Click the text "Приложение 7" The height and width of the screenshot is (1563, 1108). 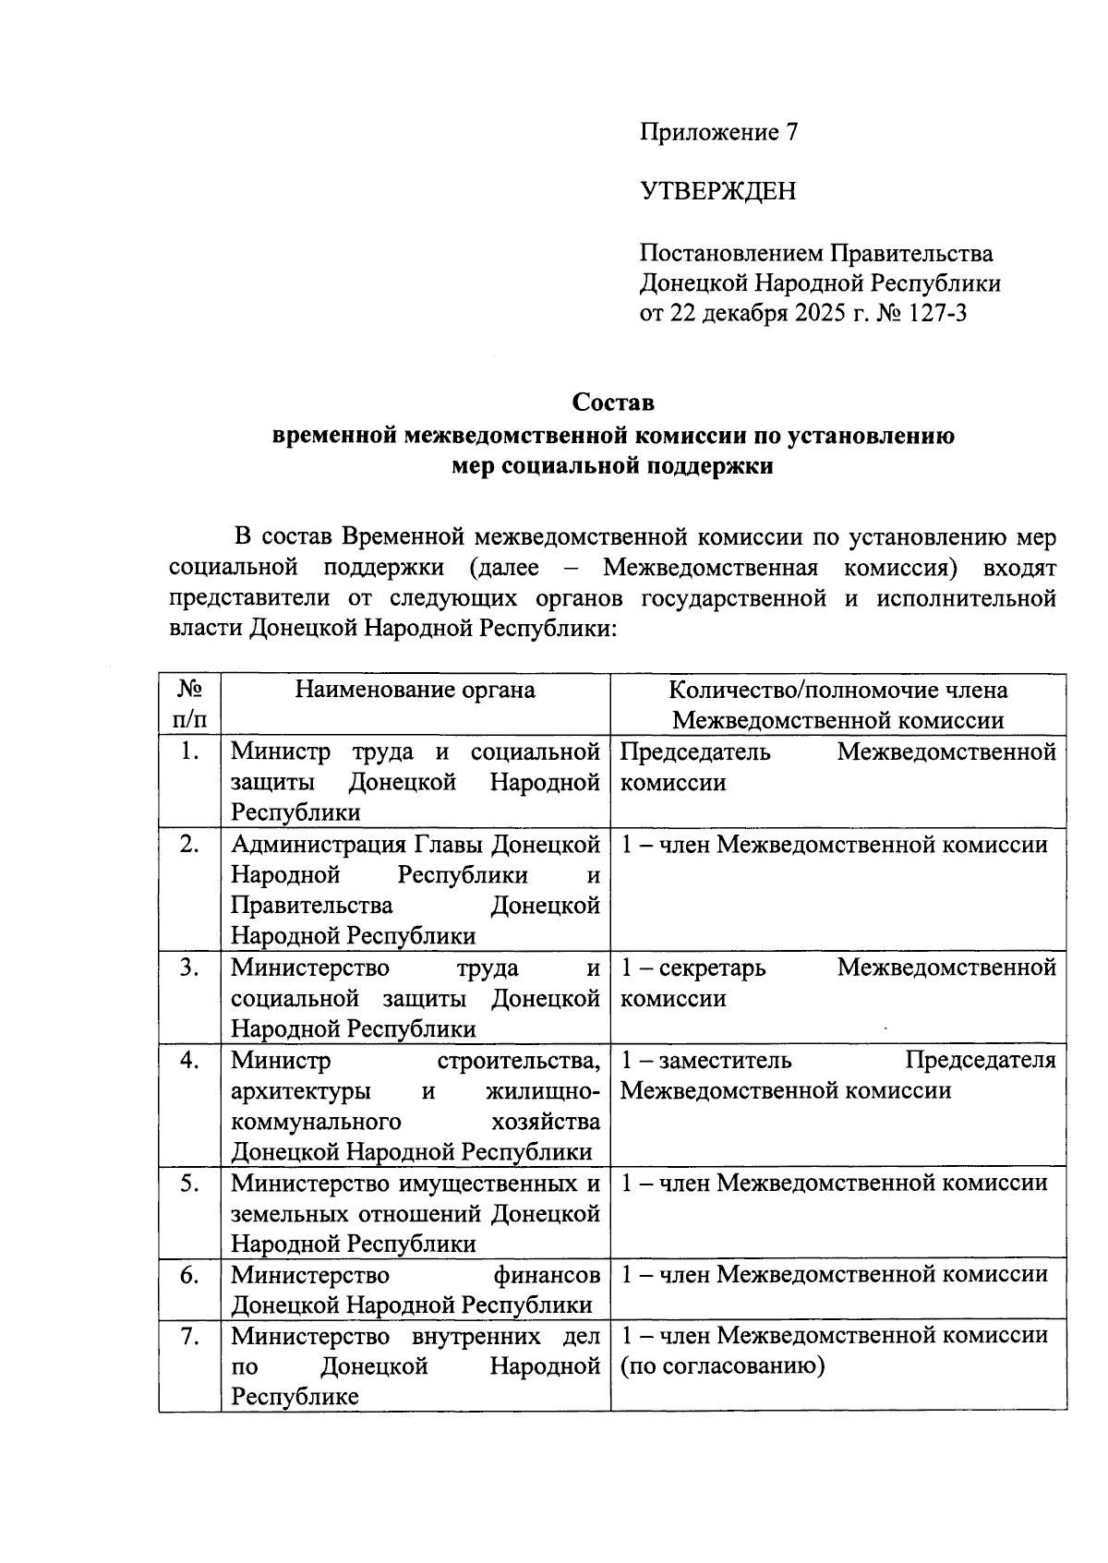(718, 132)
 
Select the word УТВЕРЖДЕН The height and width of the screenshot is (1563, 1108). (717, 191)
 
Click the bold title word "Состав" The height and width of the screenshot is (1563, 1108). (613, 403)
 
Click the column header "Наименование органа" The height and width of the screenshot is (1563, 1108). (415, 690)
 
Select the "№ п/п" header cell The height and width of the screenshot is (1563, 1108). (189, 703)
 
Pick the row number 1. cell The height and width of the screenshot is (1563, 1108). (189, 751)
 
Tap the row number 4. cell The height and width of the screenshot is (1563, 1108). (189, 1060)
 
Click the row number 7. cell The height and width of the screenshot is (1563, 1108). (189, 1336)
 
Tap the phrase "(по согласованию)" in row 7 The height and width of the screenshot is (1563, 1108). (722, 1365)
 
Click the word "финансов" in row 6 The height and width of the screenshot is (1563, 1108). (547, 1275)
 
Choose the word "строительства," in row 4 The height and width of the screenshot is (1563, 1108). (520, 1060)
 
